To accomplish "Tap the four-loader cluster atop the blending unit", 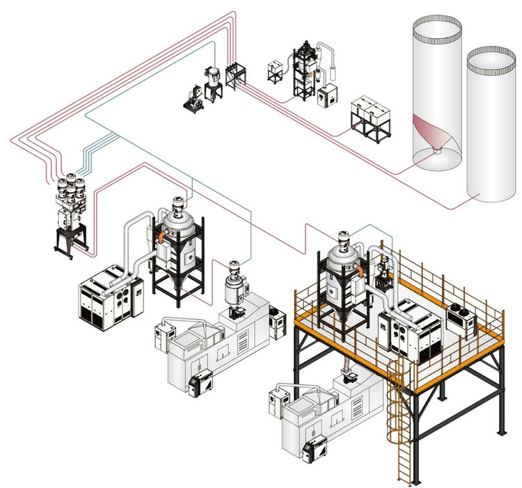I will (71, 186).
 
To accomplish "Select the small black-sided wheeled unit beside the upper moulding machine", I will (201, 381).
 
